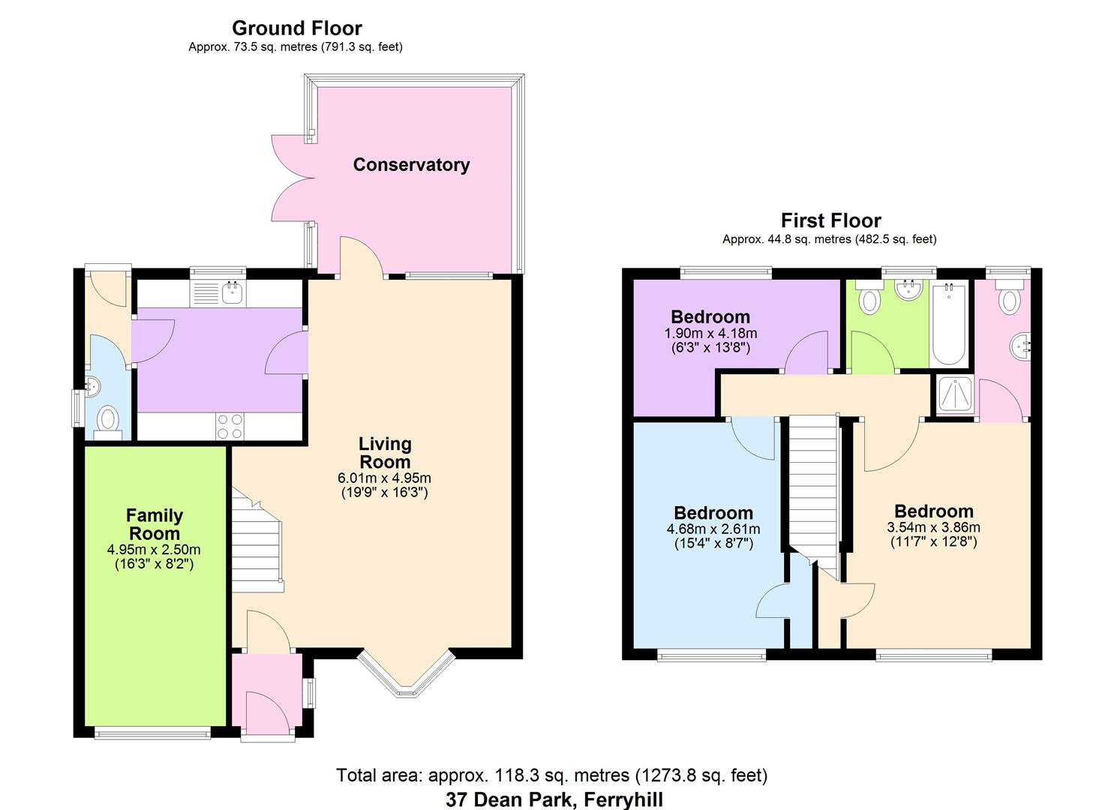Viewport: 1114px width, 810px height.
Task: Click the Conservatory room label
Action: [x=411, y=165]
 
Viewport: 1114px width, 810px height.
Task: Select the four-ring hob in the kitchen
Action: [x=230, y=426]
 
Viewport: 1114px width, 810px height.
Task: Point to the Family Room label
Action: [x=154, y=524]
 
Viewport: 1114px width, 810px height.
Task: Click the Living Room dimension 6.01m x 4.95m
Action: [x=384, y=478]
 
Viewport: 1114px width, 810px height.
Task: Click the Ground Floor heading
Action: [x=296, y=28]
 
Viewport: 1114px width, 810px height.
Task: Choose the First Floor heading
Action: [x=830, y=220]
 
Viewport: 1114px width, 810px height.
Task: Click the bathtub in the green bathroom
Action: [x=949, y=324]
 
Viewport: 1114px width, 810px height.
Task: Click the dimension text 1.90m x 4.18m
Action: [x=710, y=334]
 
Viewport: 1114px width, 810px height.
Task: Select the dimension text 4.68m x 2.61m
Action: [x=713, y=529]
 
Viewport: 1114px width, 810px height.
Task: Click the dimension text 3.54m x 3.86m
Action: [x=933, y=527]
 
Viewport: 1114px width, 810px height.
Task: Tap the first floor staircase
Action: [x=813, y=487]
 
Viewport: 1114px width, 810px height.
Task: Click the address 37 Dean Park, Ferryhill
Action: [x=554, y=799]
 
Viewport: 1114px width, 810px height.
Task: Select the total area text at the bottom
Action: [x=551, y=775]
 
